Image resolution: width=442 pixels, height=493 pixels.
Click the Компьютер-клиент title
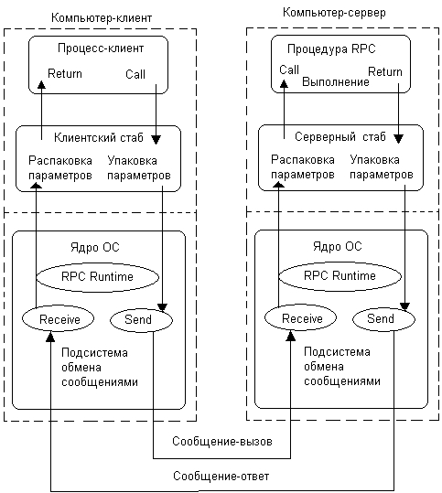102,18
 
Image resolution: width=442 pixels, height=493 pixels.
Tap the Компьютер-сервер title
334,13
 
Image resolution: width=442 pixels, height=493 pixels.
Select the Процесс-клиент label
101,48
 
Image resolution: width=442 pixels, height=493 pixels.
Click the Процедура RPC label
331,49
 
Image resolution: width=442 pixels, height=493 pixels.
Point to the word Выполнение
335,81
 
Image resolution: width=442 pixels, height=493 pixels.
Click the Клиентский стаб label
99,137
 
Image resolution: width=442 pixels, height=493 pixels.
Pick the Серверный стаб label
340,137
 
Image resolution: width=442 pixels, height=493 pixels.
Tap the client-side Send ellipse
141,320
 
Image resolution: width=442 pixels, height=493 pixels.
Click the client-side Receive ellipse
58,319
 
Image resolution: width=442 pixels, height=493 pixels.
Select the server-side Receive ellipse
300,318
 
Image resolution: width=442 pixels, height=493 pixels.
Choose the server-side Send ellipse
383,319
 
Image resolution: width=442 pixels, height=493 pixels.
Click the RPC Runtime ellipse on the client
98,276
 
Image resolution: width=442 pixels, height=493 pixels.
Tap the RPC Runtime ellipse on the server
340,275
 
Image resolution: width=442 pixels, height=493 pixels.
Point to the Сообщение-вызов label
222,442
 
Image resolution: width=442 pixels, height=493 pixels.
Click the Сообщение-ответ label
221,477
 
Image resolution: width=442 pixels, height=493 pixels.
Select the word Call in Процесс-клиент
135,74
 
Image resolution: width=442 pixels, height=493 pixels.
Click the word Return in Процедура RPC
385,71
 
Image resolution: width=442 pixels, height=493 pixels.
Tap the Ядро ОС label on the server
338,247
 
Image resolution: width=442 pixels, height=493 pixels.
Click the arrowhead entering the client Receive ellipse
50,336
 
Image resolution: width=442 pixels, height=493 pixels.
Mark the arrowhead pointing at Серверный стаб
399,139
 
